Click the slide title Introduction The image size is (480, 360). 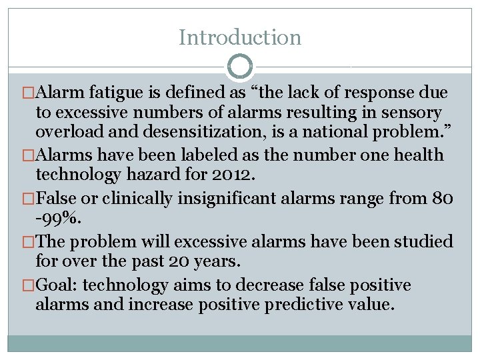[x=240, y=37]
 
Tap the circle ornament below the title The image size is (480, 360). [x=240, y=67]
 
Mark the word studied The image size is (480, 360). [x=421, y=242]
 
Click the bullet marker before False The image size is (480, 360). [x=29, y=199]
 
